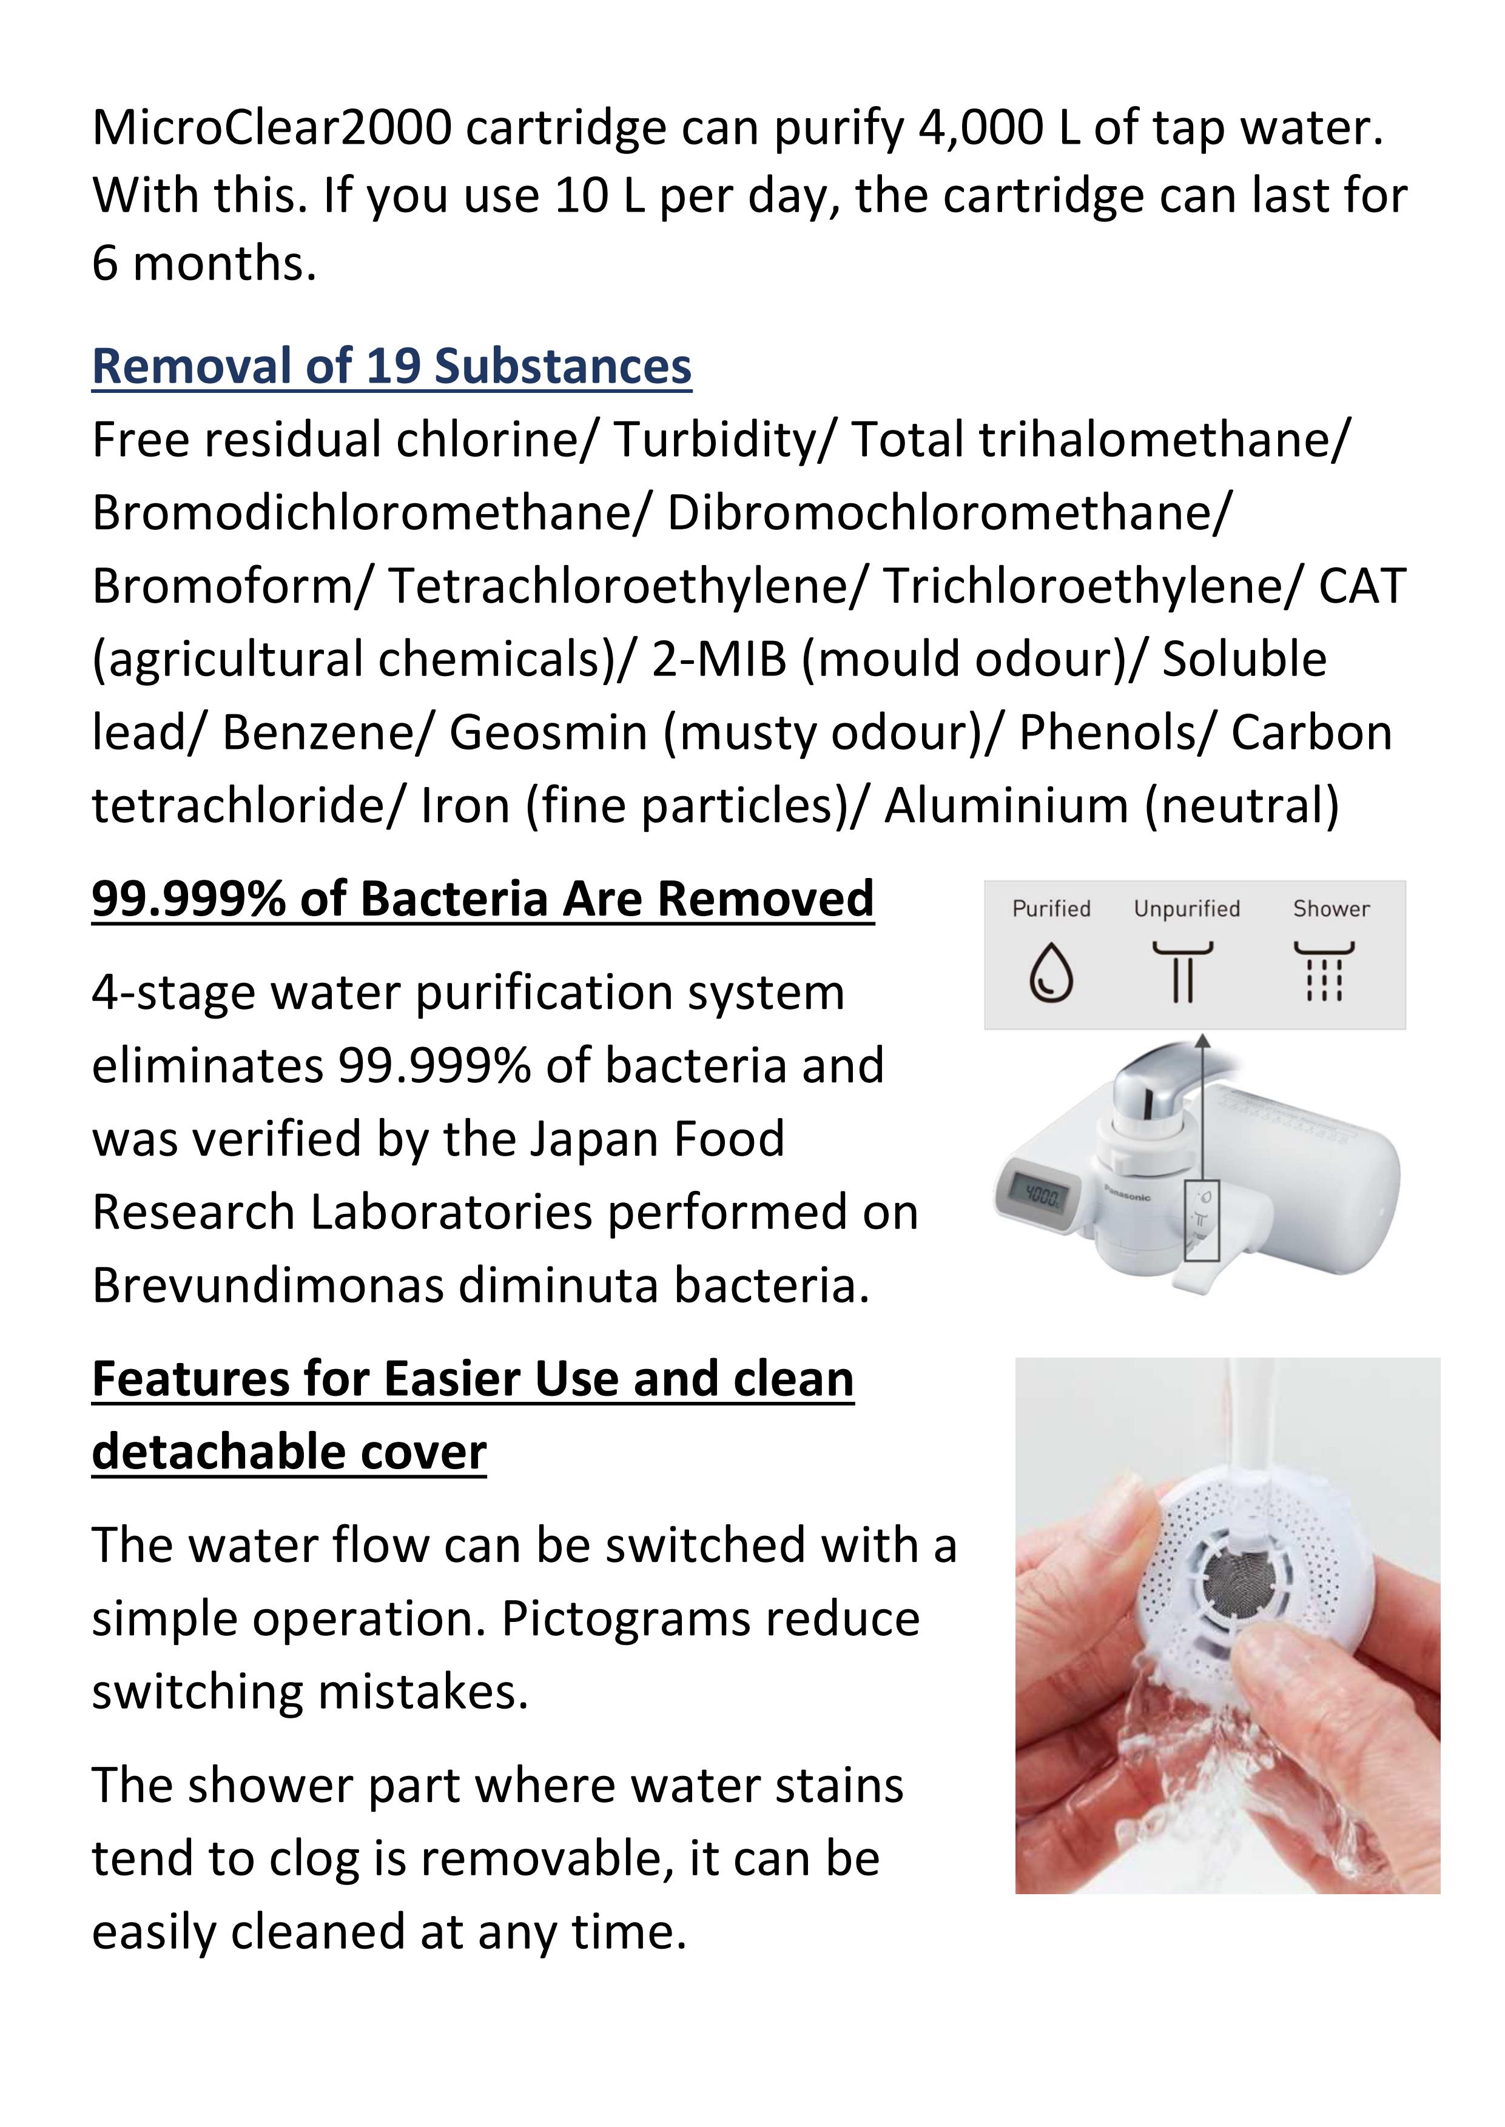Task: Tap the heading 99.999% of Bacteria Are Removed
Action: (x=482, y=899)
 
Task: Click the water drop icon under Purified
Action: (x=1051, y=973)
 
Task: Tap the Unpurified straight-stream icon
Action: (x=1182, y=973)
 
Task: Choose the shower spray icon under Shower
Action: (x=1324, y=973)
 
